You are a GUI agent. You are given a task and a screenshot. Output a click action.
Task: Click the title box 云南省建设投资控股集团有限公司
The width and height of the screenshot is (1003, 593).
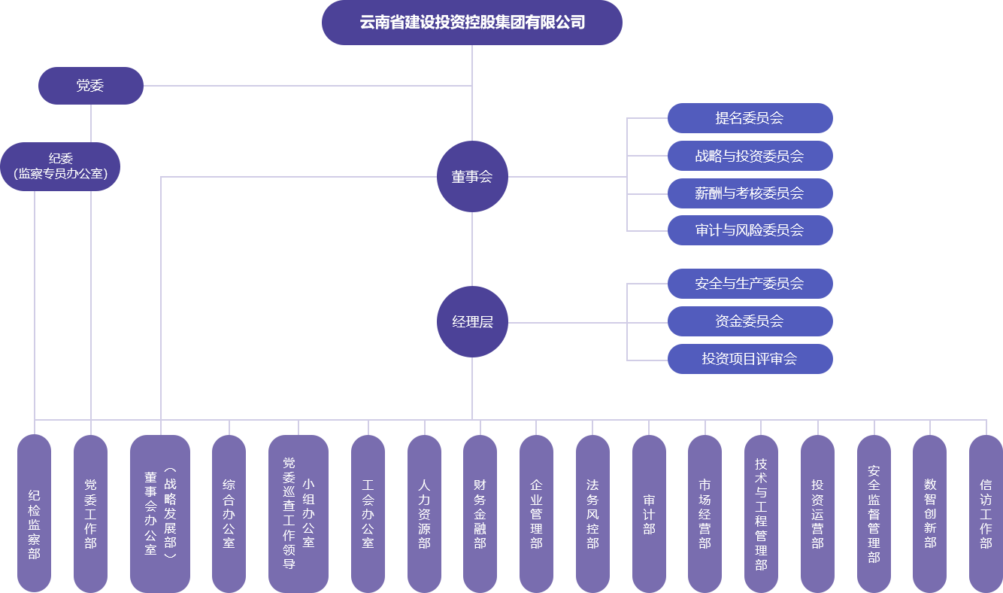[471, 23]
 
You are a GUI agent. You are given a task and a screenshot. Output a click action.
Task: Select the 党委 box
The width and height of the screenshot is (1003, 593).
[90, 86]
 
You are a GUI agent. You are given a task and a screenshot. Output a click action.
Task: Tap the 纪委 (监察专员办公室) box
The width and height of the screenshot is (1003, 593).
[60, 166]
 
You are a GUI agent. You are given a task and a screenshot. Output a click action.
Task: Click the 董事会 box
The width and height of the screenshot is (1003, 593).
[472, 177]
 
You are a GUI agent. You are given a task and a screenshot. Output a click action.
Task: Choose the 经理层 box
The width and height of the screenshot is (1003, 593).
[472, 322]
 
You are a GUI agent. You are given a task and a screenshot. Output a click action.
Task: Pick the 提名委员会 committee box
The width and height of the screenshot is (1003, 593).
[750, 118]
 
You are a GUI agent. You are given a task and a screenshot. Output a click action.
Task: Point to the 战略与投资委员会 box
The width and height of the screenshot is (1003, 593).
[750, 156]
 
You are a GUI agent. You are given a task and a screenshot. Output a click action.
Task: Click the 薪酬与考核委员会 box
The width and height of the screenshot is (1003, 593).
[750, 193]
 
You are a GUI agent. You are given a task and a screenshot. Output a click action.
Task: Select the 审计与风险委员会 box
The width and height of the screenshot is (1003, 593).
[750, 230]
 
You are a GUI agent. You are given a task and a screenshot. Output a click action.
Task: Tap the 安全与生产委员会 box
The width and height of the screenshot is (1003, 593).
[750, 284]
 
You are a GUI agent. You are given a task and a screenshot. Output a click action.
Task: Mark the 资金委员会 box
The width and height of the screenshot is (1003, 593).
[750, 321]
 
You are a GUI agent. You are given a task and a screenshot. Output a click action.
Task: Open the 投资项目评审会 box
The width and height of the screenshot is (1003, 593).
[750, 359]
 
